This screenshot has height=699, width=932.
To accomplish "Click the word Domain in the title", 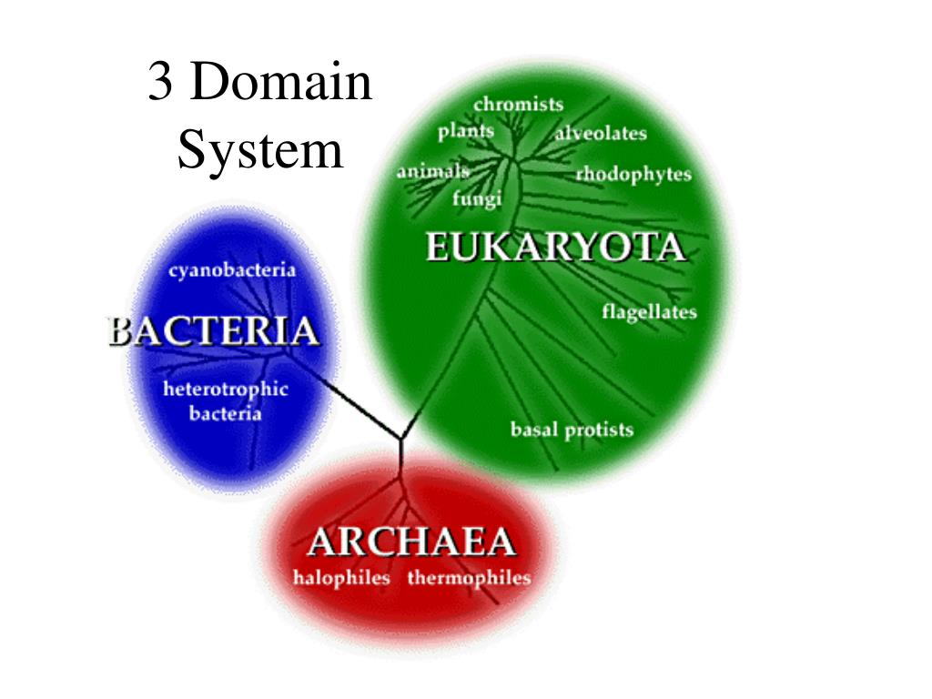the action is coord(283,83).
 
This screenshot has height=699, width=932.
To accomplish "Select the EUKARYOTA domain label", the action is coord(554,248).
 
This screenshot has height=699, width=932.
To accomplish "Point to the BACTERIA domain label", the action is coord(214,330).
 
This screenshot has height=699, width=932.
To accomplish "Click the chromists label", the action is coord(518,105).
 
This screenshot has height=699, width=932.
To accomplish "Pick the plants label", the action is coord(465,131).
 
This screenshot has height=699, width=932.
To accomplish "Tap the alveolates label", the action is coord(601,134).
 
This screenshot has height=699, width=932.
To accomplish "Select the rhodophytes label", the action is coord(633,175).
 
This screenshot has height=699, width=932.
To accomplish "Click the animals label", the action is coord(432,171).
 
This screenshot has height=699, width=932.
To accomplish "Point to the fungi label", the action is coord(477,198).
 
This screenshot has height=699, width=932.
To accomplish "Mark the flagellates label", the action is coord(649,312).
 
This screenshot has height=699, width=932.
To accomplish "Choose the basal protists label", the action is coord(572,430).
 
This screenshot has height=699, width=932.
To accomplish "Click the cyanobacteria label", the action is coord(232,269).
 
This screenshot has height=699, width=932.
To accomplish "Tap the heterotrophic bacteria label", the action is coord(226,401).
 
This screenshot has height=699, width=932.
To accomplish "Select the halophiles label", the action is coord(341,578).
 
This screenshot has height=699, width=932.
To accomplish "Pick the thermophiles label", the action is coord(469,578).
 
